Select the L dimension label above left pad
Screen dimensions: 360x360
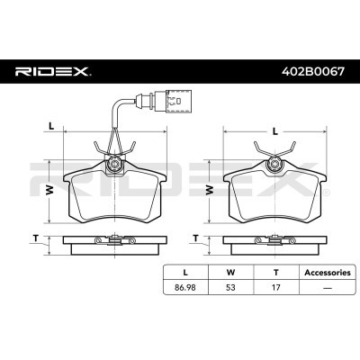pos(53,125)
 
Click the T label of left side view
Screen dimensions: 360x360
pos(36,238)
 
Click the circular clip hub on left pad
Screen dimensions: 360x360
pos(113,164)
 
